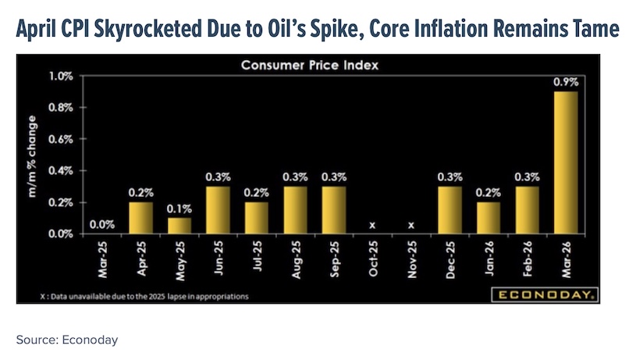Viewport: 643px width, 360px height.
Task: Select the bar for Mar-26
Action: pos(565,162)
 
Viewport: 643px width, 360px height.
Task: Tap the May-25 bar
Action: pos(180,226)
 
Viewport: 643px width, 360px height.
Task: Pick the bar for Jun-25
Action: pos(218,210)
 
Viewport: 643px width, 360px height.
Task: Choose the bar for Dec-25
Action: pos(449,210)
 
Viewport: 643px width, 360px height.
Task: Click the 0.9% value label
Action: pos(565,82)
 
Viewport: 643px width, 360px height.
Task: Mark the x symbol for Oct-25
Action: pos(372,225)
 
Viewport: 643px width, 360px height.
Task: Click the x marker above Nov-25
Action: pos(410,225)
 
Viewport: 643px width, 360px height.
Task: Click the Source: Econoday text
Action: pos(66,340)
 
